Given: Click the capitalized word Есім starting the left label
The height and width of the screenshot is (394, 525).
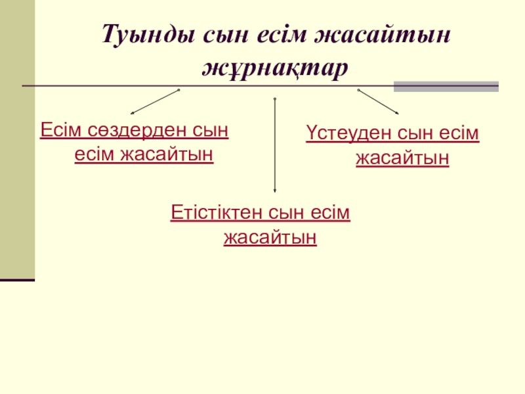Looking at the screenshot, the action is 60,129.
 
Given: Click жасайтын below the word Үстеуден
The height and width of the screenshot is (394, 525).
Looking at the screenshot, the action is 402,158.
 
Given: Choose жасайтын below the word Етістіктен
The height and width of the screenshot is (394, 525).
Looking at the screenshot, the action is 270,237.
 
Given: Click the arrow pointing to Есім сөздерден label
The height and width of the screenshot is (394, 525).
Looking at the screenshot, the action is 154,102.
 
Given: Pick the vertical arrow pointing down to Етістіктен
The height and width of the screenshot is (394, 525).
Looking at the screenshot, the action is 274,144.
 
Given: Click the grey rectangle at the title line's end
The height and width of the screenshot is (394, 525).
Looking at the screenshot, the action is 446,86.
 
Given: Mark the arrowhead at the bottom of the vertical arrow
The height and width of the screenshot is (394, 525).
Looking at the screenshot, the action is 274,190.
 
